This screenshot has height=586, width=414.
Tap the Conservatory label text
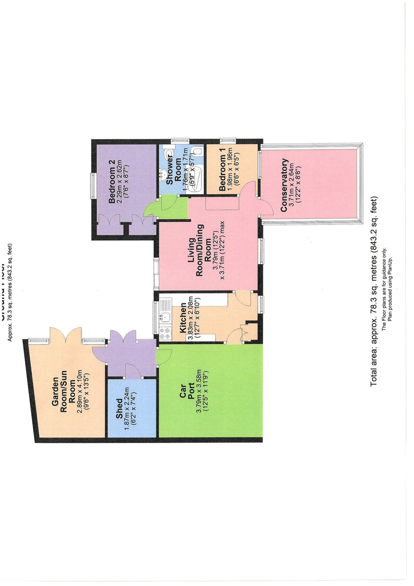click(284, 185)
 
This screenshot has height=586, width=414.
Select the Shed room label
click(119, 409)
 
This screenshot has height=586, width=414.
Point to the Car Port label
click(187, 391)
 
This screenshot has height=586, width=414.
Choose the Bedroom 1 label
click(222, 172)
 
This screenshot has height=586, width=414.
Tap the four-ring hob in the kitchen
click(165, 332)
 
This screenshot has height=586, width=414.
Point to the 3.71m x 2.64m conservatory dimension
click(295, 185)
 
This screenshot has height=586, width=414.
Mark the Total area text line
click(374, 291)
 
